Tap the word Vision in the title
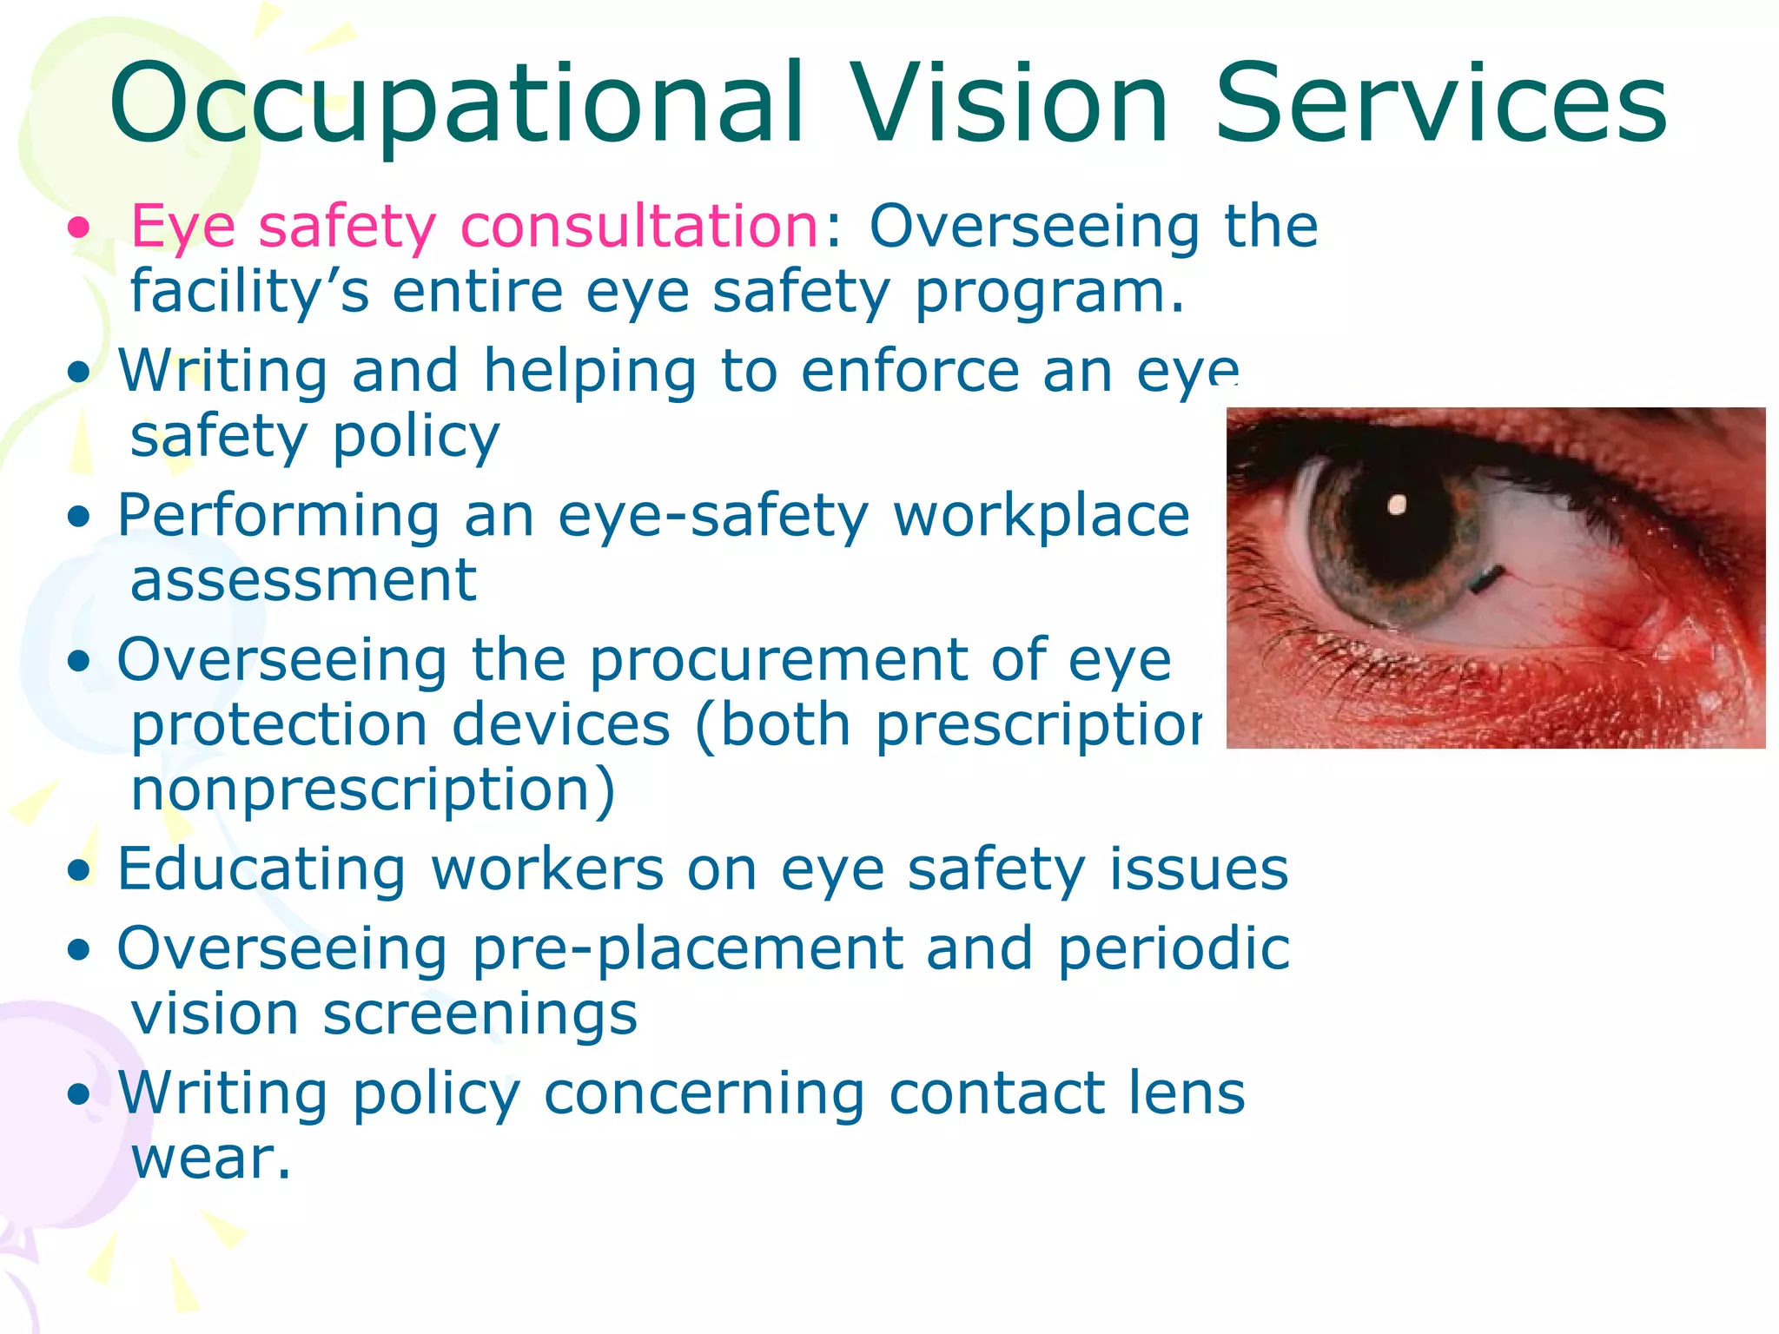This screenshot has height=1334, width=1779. pos(1009,104)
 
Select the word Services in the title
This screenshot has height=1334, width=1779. pos(1440,104)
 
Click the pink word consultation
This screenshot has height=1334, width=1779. pos(639,228)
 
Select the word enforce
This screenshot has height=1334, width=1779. pos(910,372)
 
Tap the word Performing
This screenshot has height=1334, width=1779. pos(278,518)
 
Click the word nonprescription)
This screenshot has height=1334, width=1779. pos(373,790)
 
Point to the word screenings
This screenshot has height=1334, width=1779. pos(479,1014)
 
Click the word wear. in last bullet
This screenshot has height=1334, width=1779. pos(210,1159)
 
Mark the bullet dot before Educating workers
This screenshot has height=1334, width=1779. pos(79,870)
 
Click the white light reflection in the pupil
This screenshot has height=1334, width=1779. pos(1397,505)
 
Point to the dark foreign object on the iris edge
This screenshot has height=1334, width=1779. pos(1487,578)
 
